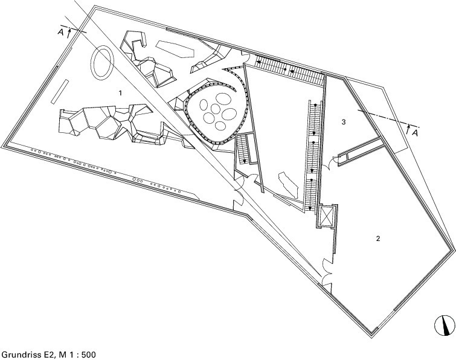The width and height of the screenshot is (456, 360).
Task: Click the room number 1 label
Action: [121, 93]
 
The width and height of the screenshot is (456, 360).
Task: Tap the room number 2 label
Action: [378, 239]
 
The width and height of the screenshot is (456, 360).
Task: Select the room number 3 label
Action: [343, 123]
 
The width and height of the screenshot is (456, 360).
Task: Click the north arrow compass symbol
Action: [443, 326]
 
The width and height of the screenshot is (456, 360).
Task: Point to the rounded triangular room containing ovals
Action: [216, 111]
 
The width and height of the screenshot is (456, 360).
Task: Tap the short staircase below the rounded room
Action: [243, 149]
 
